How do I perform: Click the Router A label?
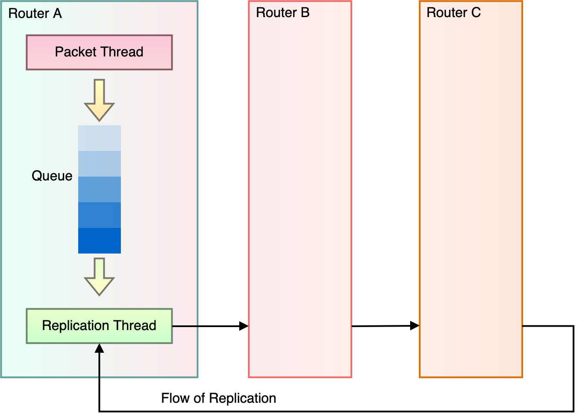click(35, 14)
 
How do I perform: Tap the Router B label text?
click(282, 13)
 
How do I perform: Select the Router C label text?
click(453, 13)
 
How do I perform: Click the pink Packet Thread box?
click(99, 52)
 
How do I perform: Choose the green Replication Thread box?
click(99, 326)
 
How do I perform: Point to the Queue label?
click(52, 176)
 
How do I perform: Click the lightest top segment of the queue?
click(100, 138)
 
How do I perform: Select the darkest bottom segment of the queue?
click(100, 241)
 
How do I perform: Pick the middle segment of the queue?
click(100, 189)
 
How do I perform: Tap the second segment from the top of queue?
click(100, 164)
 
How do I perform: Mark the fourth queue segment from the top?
click(100, 215)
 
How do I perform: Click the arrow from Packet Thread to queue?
click(99, 100)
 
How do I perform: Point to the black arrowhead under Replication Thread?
click(99, 348)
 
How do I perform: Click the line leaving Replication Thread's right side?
click(185, 326)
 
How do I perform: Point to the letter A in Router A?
click(57, 14)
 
